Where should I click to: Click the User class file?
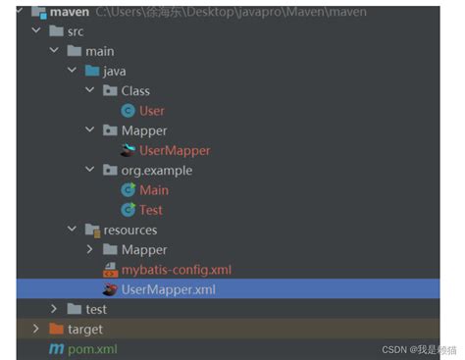[152, 111]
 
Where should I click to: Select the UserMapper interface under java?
[175, 150]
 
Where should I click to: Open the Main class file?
[154, 189]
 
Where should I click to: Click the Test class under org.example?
[151, 209]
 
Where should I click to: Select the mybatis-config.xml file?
[176, 269]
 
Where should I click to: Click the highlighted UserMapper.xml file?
[168, 289]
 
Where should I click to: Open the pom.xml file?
[89, 348]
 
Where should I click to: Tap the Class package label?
[135, 90]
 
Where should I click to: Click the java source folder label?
[114, 71]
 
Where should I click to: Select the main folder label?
[99, 51]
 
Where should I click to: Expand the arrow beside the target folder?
[36, 329]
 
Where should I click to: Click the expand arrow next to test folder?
[54, 309]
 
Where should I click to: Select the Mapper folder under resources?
[144, 249]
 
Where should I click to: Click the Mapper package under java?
[144, 130]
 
